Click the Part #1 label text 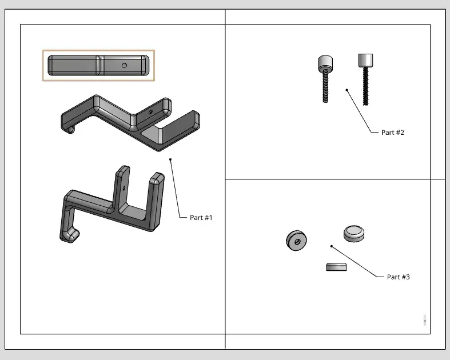click(201, 218)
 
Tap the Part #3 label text click(398, 277)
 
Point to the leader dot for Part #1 click(171, 159)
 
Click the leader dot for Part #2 click(347, 90)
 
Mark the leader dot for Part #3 click(332, 246)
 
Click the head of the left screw click(325, 62)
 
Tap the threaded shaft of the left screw click(325, 86)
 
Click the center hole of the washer click(297, 241)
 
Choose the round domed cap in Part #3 click(355, 233)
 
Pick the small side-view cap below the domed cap click(336, 267)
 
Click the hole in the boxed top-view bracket click(124, 65)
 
